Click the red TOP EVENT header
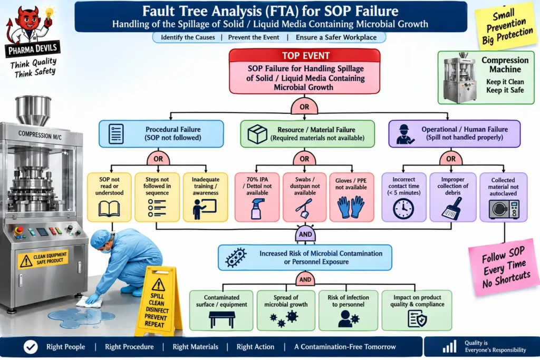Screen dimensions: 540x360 [x=304, y=55]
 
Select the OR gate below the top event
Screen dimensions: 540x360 [x=304, y=106]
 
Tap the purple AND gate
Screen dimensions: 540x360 [x=305, y=234]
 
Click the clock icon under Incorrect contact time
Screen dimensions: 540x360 [x=403, y=209]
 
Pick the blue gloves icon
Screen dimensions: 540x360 [x=351, y=207]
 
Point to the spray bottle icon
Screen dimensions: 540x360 [x=257, y=208]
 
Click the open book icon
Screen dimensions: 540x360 [x=109, y=209]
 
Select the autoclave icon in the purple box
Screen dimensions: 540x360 [x=504, y=209]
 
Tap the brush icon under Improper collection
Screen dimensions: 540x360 [x=452, y=208]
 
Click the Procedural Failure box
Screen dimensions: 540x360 [x=161, y=133]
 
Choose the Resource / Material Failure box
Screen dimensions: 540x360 [x=307, y=134]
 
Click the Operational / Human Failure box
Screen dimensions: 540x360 [x=454, y=133]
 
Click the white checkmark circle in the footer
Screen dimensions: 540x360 [x=31, y=347]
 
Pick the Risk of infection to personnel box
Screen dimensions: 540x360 [x=348, y=310]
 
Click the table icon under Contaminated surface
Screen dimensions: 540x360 [x=222, y=319]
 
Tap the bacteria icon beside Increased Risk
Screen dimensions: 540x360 [x=236, y=258]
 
